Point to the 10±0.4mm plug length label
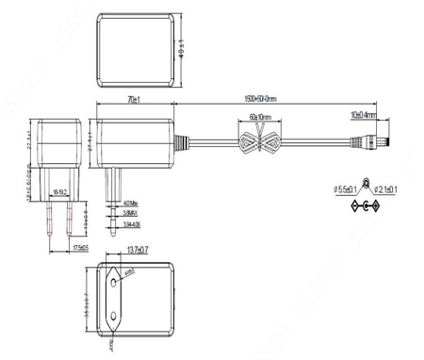click(x=363, y=115)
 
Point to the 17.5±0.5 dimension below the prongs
click(x=81, y=247)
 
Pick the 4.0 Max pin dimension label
click(x=131, y=203)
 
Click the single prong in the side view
click(x=112, y=203)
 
